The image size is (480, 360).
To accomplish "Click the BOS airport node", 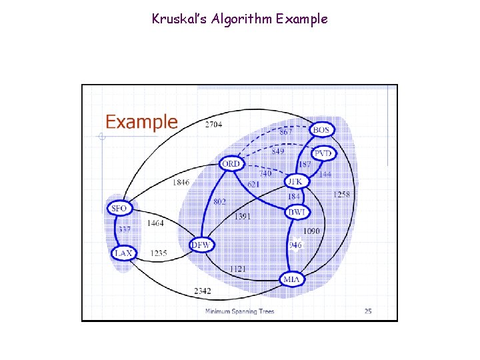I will [x=322, y=129].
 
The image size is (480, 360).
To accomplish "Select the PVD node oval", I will [x=323, y=153].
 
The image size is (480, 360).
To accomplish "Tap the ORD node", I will [x=231, y=163].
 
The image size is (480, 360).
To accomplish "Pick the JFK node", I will [x=295, y=181].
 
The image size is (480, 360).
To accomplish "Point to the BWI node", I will [x=297, y=212].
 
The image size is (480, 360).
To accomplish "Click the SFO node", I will [x=119, y=208].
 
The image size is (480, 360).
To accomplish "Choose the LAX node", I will [x=123, y=253].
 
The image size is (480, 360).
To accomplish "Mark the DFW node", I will [x=201, y=245].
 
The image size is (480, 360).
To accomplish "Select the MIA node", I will [x=292, y=279].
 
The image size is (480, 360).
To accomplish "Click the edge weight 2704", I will [x=213, y=124].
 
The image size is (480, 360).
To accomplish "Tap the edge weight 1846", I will [x=181, y=181].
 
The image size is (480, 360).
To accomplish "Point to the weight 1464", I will [x=156, y=223].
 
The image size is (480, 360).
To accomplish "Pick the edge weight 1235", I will [x=159, y=253].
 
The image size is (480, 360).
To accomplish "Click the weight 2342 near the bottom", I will [x=203, y=291].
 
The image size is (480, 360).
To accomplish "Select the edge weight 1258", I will [x=342, y=194].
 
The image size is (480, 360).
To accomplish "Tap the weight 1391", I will [x=243, y=216].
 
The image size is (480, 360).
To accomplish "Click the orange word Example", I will [x=142, y=122].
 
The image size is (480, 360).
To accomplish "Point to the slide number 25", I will [x=368, y=311].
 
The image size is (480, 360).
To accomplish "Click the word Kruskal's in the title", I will [x=176, y=19].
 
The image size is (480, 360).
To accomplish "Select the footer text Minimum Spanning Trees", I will [x=239, y=311].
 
